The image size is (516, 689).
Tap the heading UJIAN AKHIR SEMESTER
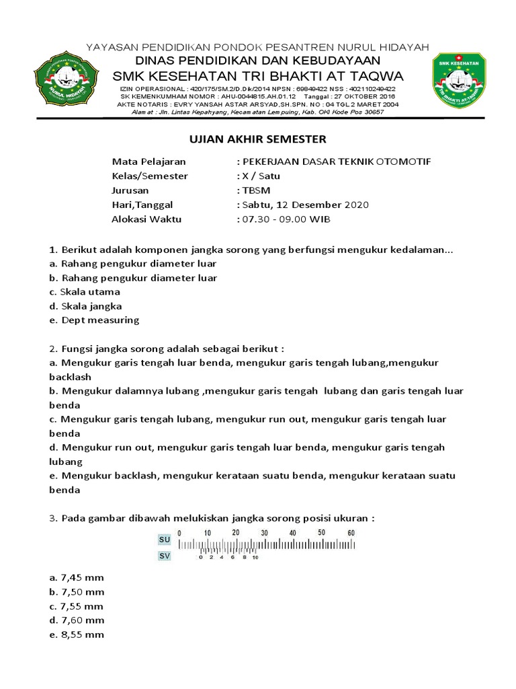click(255, 139)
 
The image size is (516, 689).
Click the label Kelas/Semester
click(150, 176)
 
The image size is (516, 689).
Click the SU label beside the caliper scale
click(165, 540)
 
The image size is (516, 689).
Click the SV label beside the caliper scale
click(165, 556)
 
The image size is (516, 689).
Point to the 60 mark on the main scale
click(350, 533)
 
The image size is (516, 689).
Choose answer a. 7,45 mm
click(77, 577)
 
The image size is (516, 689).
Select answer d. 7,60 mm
click(77, 620)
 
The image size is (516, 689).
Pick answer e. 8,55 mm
click(77, 634)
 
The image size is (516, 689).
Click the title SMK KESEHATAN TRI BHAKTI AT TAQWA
click(258, 73)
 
